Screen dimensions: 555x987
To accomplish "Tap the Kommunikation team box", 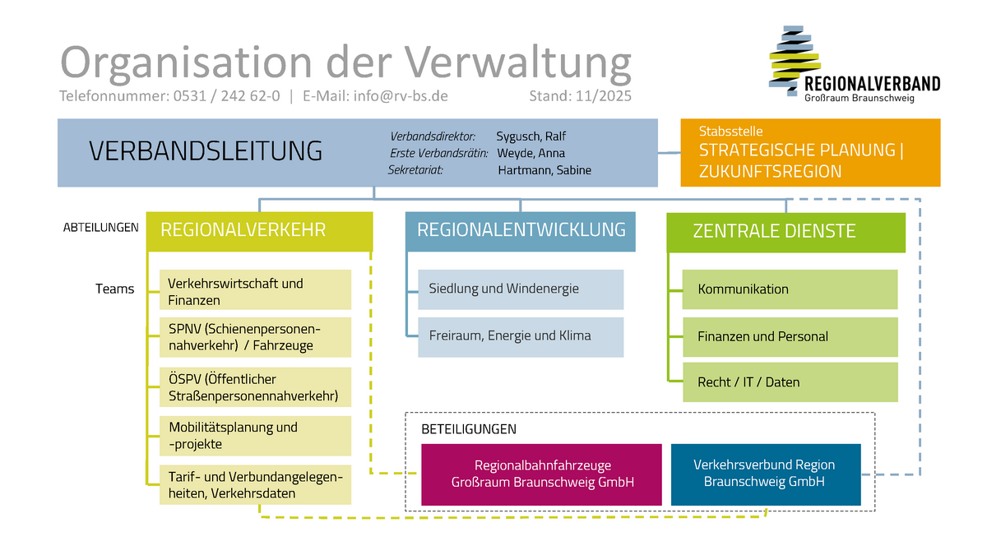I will pyautogui.click(x=790, y=289).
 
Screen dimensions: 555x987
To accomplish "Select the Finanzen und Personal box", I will pyautogui.click(x=790, y=336).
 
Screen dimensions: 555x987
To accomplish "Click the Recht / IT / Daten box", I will pyautogui.click(x=790, y=382).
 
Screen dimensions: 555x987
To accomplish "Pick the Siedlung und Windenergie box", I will pyautogui.click(x=521, y=289).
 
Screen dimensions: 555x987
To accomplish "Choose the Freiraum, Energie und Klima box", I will pyautogui.click(x=521, y=336).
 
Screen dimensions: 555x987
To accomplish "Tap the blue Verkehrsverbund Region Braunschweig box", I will pyautogui.click(x=765, y=474).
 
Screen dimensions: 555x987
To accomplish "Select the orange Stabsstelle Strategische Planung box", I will pyautogui.click(x=810, y=153).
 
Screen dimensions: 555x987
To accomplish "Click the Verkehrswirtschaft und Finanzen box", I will pyautogui.click(x=255, y=292).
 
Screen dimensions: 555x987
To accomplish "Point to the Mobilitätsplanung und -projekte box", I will pyautogui.click(x=255, y=436).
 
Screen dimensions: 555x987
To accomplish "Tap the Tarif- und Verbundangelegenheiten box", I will pyautogui.click(x=255, y=485).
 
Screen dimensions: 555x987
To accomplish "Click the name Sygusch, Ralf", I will pyautogui.click(x=531, y=136).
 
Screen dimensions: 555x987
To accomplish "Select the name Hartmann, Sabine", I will pyautogui.click(x=544, y=170).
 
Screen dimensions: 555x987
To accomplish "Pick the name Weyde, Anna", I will pyautogui.click(x=531, y=153).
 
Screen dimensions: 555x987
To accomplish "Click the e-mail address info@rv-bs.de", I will pyautogui.click(x=401, y=96).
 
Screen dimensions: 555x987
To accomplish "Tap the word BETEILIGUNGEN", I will pyautogui.click(x=469, y=429).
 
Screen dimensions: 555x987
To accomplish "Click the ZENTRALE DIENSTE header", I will pyautogui.click(x=785, y=232).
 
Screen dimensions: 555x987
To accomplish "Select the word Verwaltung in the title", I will pyautogui.click(x=519, y=62).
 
